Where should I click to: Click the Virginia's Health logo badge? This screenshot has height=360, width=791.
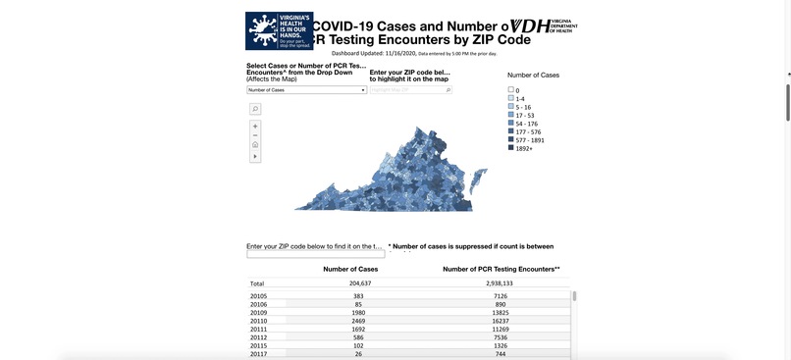279,30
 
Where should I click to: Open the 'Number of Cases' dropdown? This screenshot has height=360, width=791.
306,89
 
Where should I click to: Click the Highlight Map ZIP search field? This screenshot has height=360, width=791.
409,89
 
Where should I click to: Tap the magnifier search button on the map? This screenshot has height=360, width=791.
255,109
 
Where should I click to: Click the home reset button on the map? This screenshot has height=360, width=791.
255,145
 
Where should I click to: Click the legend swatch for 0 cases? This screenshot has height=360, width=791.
511,90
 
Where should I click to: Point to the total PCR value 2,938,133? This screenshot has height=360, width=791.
501,283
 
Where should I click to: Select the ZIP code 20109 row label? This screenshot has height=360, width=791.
259,313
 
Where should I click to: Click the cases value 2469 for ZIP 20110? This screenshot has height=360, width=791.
358,321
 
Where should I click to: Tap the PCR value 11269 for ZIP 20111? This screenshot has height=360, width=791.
501,330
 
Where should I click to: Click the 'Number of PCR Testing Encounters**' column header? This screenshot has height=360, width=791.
501,269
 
